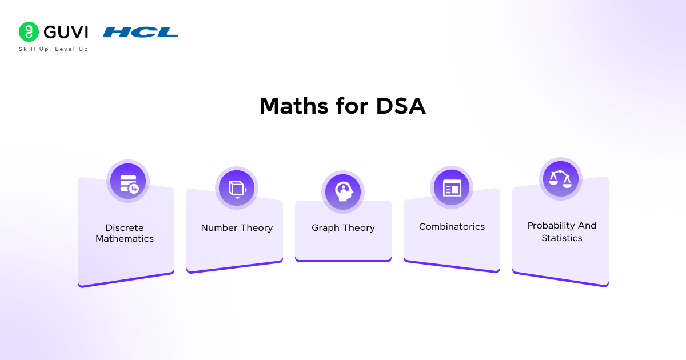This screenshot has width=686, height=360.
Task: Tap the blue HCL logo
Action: point(141,32)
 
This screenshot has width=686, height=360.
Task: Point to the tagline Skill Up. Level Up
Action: point(54,49)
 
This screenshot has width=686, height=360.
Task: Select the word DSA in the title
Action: point(401,106)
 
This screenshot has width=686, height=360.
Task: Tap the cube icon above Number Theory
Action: point(237,188)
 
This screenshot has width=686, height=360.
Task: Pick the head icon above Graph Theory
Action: point(343,191)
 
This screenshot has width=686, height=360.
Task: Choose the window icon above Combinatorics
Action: point(452,188)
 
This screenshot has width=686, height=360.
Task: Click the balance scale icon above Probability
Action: point(560,178)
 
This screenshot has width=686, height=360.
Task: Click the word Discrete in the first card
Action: point(125,227)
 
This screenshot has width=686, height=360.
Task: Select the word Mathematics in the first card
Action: point(125,239)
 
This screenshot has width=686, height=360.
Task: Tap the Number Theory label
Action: point(237,227)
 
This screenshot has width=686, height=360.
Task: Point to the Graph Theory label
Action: point(343,227)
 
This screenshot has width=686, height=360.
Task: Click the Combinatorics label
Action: point(452,227)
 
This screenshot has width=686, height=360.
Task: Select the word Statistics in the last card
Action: point(562,238)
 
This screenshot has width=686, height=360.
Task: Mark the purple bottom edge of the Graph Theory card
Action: point(343,261)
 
